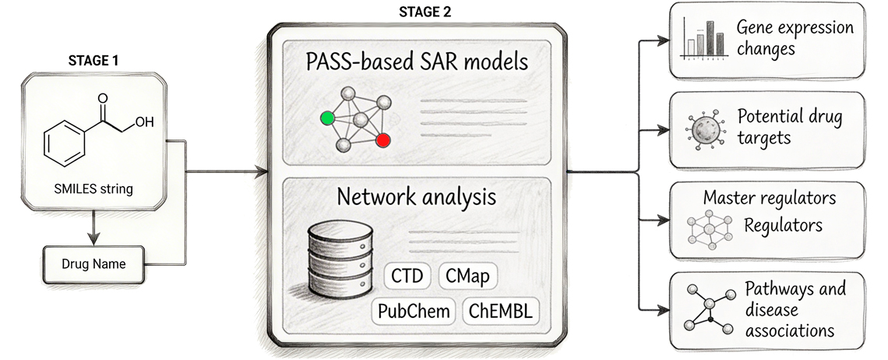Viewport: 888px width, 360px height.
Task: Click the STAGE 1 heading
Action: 93,61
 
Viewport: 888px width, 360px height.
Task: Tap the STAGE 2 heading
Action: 425,12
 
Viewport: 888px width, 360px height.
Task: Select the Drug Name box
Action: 93,264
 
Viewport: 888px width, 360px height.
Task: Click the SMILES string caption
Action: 93,189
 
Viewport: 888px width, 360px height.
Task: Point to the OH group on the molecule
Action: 144,122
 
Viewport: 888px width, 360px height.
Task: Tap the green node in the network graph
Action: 327,118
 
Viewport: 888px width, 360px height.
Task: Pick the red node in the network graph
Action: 382,140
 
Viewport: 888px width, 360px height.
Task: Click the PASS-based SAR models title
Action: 417,62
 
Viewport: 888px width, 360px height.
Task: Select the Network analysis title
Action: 416,196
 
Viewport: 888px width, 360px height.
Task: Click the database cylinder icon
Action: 340,259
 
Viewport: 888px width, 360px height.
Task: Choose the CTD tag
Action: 407,277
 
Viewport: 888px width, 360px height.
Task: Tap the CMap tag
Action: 468,277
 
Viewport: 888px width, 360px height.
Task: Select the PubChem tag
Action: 414,311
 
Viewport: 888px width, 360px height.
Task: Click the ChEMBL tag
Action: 501,311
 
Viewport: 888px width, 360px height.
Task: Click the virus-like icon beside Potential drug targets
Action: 705,131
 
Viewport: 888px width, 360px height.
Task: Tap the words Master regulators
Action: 770,198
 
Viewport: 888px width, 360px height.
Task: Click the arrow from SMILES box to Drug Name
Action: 94,228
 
